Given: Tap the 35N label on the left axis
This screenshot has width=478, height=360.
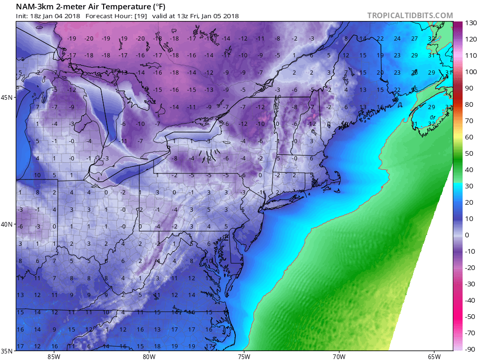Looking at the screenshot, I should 7,351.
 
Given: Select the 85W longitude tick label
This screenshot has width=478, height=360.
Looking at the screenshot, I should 54,356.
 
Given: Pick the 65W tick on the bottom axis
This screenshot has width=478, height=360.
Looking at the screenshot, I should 434,356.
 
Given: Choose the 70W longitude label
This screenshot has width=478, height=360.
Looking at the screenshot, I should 339,356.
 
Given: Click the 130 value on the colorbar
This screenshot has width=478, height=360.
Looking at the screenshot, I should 470,23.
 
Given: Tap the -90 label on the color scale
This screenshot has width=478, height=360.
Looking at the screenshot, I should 470,349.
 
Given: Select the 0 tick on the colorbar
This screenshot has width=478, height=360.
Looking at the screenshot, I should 467,235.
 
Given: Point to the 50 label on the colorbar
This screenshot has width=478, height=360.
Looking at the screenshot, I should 469,153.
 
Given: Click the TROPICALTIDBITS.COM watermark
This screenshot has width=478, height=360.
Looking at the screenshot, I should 410,15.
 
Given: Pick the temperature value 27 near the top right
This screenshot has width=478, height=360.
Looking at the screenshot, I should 414,39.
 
